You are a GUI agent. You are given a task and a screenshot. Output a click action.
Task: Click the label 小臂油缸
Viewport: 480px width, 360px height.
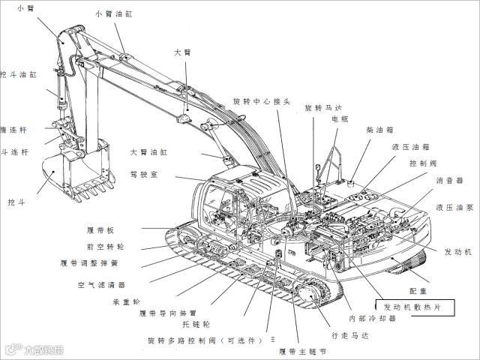pyautogui.click(x=113, y=14)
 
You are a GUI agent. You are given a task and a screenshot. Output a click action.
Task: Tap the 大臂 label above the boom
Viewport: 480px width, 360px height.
pyautogui.click(x=182, y=52)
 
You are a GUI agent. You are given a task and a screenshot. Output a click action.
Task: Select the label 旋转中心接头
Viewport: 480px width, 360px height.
pyautogui.click(x=261, y=101)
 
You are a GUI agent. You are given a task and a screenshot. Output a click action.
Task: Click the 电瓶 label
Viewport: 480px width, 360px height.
pyautogui.click(x=340, y=119)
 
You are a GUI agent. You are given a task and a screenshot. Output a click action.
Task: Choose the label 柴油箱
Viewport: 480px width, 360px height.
pyautogui.click(x=379, y=130)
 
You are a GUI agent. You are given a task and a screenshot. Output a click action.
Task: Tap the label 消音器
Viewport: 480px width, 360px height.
pyautogui.click(x=449, y=180)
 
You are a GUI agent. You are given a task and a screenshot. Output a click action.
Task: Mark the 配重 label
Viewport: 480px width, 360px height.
pyautogui.click(x=418, y=289)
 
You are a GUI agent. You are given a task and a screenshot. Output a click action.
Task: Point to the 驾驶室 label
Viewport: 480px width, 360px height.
pyautogui.click(x=143, y=175)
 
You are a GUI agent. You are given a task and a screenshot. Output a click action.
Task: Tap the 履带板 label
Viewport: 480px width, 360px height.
pyautogui.click(x=100, y=229)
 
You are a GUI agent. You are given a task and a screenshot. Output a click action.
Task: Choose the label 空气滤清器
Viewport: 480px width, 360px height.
pyautogui.click(x=101, y=285)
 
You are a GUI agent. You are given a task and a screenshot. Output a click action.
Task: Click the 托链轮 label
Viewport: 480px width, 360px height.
pyautogui.click(x=196, y=324)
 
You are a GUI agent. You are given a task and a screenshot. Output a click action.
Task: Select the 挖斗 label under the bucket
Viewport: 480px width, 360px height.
pyautogui.click(x=16, y=202)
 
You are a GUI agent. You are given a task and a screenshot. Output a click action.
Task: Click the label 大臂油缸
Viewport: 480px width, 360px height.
pyautogui.click(x=148, y=151)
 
